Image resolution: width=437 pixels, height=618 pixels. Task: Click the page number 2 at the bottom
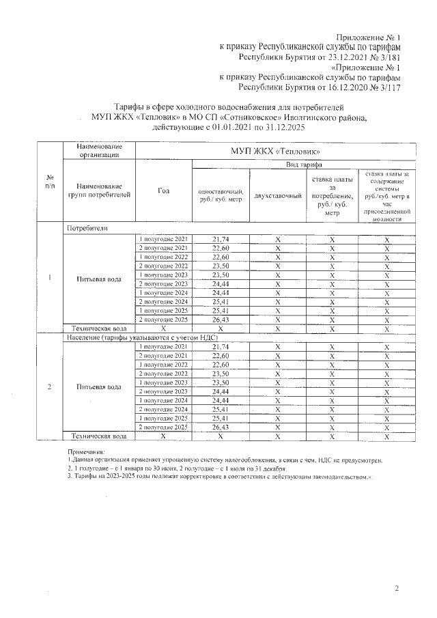click(396, 588)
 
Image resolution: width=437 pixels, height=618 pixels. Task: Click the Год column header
click(163, 191)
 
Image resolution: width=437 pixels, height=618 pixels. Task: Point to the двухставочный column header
click(277, 196)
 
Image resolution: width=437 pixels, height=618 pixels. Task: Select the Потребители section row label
click(87, 228)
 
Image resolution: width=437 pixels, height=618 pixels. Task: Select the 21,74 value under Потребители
click(221, 239)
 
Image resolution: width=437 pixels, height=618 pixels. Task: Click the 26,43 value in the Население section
click(221, 427)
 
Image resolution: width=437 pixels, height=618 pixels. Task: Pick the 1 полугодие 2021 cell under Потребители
click(163, 239)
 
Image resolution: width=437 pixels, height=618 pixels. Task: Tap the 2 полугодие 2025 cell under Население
click(163, 427)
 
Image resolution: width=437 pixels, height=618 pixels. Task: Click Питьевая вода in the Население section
click(99, 387)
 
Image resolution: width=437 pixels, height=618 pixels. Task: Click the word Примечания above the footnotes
click(86, 452)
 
